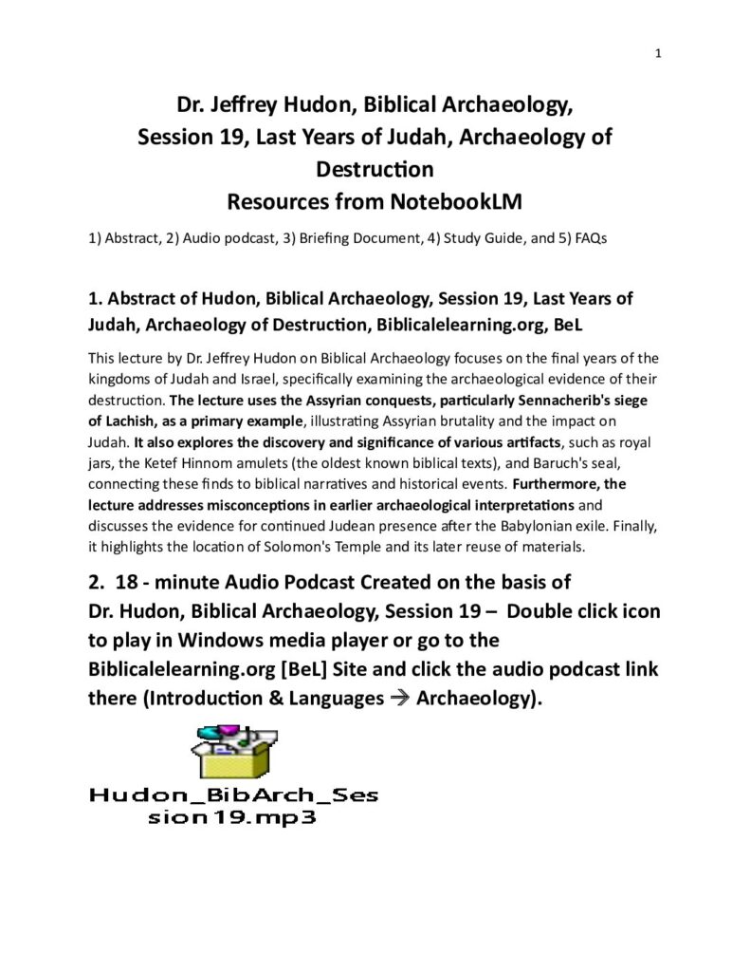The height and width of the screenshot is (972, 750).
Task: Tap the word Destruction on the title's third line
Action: click(374, 169)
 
